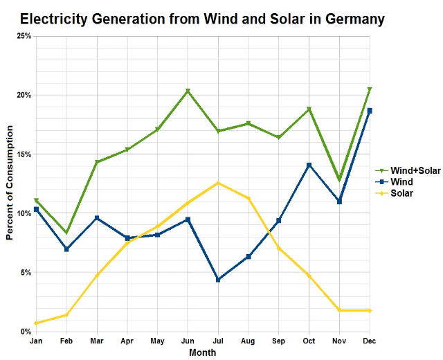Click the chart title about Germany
201,19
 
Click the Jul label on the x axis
218,341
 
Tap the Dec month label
370,341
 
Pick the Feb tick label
66,341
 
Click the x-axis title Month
202,352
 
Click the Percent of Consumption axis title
9,183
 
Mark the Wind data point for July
218,280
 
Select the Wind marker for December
370,111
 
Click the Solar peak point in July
218,183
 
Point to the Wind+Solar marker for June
188,91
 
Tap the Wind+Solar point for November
339,180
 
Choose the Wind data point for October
309,165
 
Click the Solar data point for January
36,323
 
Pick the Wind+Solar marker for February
66,233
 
